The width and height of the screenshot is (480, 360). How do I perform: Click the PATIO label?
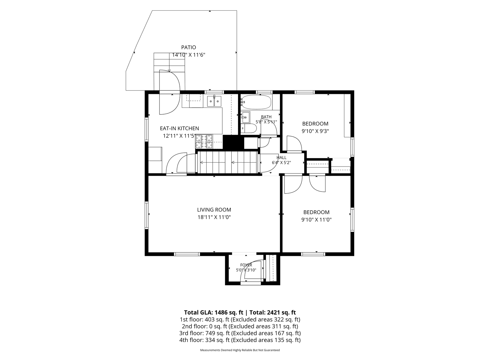click(189, 48)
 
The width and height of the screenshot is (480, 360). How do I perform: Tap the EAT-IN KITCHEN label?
click(180, 129)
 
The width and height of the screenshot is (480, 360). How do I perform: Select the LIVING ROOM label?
click(214, 210)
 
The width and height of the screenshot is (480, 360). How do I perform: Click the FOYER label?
click(246, 265)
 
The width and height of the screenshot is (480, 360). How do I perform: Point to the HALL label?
click(281, 158)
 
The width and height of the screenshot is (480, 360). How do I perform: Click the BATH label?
click(266, 117)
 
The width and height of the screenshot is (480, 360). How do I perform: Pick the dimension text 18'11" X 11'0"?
click(214, 217)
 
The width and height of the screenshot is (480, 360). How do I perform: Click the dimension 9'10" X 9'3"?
click(315, 131)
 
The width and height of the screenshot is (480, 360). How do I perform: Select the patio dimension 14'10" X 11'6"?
click(189, 55)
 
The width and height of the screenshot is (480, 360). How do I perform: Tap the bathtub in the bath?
click(257, 102)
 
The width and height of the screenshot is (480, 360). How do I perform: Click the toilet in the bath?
click(249, 129)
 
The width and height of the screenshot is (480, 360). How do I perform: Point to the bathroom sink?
click(245, 117)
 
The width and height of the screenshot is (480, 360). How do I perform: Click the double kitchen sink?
click(214, 101)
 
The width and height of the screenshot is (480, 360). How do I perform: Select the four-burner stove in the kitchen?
click(204, 141)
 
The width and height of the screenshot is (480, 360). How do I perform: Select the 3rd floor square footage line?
click(240, 333)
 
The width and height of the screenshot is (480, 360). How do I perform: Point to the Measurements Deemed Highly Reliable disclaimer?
click(240, 350)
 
